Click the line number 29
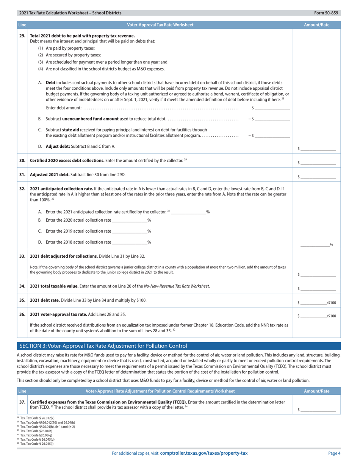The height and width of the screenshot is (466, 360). [22, 36]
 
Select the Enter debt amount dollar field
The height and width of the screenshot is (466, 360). [273, 108]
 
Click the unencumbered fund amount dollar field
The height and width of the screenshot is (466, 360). [273, 119]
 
